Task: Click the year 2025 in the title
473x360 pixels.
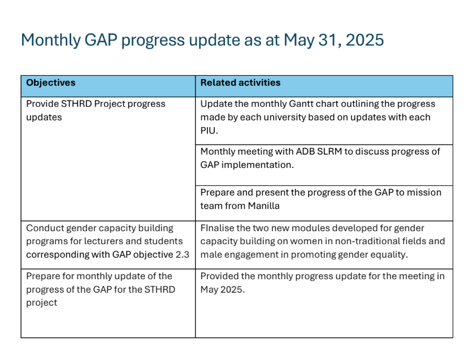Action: [364, 40]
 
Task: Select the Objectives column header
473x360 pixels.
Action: [51, 83]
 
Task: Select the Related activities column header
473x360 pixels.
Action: [240, 83]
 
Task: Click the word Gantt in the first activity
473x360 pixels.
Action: [301, 104]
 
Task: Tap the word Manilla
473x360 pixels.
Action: [264, 206]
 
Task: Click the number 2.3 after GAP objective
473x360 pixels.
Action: [183, 255]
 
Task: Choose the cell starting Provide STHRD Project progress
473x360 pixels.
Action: [108, 159]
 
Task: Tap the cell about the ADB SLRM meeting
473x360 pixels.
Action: [324, 165]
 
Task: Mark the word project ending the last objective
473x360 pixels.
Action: [42, 303]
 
